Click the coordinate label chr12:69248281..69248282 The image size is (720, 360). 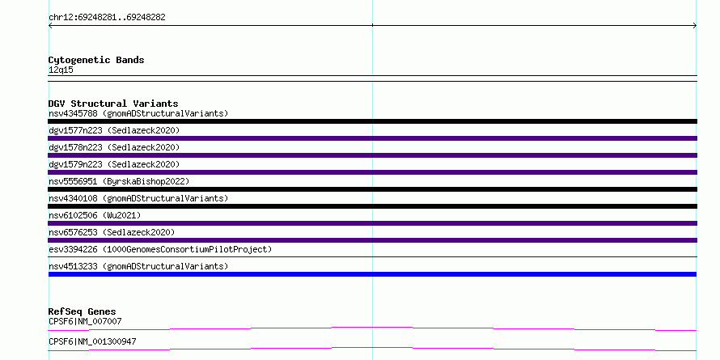(107, 18)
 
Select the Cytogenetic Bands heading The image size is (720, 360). (96, 60)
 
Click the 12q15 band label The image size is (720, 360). (61, 70)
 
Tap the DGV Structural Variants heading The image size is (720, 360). (113, 104)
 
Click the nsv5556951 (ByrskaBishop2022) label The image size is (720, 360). (119, 181)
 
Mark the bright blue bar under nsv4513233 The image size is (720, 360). (372, 274)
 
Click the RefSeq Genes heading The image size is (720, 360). (83, 311)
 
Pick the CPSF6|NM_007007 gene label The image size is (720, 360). (85, 321)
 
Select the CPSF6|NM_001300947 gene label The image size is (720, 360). (92, 341)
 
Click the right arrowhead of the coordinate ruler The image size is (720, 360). (696, 26)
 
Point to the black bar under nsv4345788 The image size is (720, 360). (372, 121)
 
